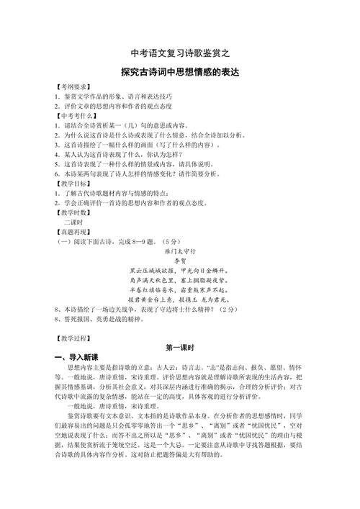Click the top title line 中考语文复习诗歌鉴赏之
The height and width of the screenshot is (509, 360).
(179, 53)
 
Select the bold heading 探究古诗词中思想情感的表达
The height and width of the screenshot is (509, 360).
(179, 73)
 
